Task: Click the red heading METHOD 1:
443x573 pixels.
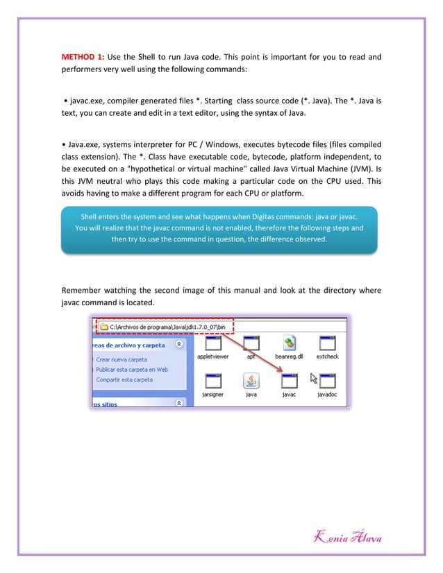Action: click(83, 56)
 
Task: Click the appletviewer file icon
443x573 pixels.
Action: click(213, 343)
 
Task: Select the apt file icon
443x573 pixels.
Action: click(252, 343)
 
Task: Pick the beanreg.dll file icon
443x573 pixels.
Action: click(290, 343)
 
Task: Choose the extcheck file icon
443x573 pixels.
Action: click(327, 343)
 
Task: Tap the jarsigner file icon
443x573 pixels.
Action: click(213, 382)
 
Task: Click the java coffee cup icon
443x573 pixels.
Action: click(251, 382)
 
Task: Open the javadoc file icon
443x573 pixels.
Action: click(327, 382)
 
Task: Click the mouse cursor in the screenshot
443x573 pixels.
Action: click(313, 379)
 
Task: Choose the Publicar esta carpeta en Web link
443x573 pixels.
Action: click(132, 370)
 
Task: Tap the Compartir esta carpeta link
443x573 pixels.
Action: click(124, 379)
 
